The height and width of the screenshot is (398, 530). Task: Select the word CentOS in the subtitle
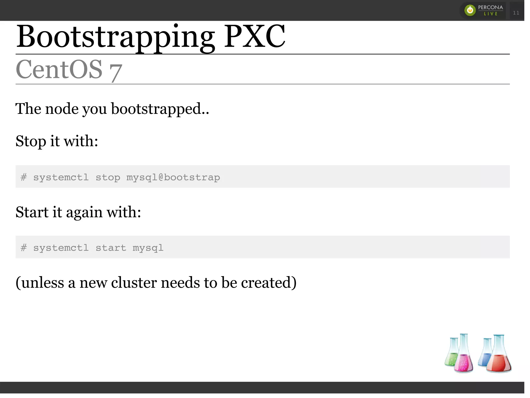(59, 69)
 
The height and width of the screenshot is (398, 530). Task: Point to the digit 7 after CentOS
(115, 73)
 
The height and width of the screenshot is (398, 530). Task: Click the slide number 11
(516, 13)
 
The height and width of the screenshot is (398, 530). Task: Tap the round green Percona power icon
(470, 10)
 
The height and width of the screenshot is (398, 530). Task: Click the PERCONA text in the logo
(490, 7)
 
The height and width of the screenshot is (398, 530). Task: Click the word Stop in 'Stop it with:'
(31, 141)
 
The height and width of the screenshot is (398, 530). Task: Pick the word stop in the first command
(108, 177)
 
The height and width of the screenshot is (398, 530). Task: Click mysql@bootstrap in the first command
(173, 177)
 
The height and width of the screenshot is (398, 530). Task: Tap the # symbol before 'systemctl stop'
(24, 177)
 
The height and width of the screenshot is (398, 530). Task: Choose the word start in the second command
(111, 248)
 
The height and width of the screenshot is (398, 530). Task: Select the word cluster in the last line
(134, 283)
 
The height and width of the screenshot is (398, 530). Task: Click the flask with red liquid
(498, 357)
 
